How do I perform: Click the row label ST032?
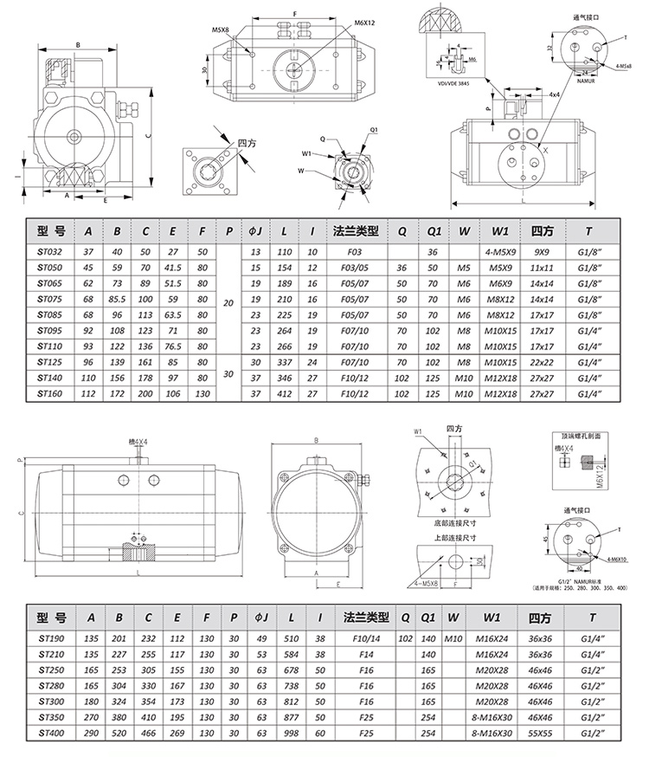(51, 251)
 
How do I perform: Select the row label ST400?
(51, 733)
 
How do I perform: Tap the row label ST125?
(51, 361)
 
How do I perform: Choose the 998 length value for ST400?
(288, 733)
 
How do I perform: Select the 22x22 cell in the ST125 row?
(542, 361)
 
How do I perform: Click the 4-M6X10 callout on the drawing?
(620, 560)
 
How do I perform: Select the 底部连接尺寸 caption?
(455, 523)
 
